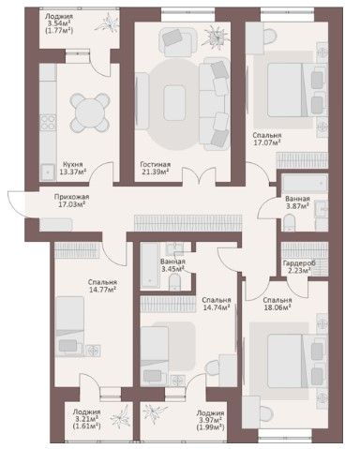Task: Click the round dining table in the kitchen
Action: click(x=90, y=112)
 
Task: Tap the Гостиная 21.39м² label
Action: click(x=155, y=168)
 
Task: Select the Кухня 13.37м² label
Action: click(x=72, y=168)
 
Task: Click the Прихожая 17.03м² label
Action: click(x=71, y=201)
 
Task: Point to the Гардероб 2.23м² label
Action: click(x=299, y=266)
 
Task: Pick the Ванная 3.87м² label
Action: click(x=297, y=202)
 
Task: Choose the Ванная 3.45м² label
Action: click(x=172, y=265)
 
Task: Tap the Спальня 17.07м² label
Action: click(x=266, y=139)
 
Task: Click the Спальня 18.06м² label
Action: click(x=277, y=304)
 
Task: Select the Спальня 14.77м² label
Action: click(x=102, y=286)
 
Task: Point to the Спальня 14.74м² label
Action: click(x=217, y=304)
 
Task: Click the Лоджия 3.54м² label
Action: click(x=59, y=23)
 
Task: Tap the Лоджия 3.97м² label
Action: click(x=210, y=420)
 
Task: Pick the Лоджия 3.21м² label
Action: click(x=86, y=419)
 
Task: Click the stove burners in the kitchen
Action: click(x=48, y=122)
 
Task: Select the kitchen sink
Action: click(x=48, y=172)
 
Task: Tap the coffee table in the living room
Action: click(x=174, y=103)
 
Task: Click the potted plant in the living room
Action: click(x=217, y=37)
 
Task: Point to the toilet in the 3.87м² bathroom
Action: click(x=290, y=222)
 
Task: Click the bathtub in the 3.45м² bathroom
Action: click(x=150, y=265)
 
